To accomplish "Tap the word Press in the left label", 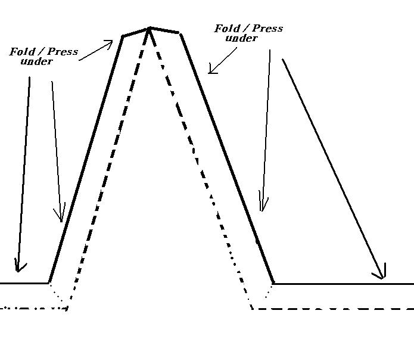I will click(x=62, y=52).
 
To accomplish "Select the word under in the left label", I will click(x=36, y=61).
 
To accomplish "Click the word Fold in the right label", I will click(x=227, y=29).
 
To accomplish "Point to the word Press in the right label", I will click(x=267, y=29).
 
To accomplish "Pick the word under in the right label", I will click(x=241, y=38).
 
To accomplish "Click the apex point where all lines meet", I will click(x=149, y=27).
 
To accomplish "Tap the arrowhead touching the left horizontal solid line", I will click(x=20, y=267).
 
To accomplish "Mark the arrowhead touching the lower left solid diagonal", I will click(x=59, y=216).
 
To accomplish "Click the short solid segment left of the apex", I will click(x=136, y=32).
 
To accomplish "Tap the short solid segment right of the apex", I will click(x=164, y=30).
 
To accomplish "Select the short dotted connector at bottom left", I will click(x=58, y=296).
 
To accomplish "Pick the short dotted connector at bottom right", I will click(x=263, y=296).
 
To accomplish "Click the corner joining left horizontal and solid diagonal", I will click(x=49, y=283).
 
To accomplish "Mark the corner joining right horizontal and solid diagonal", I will click(x=273, y=283).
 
